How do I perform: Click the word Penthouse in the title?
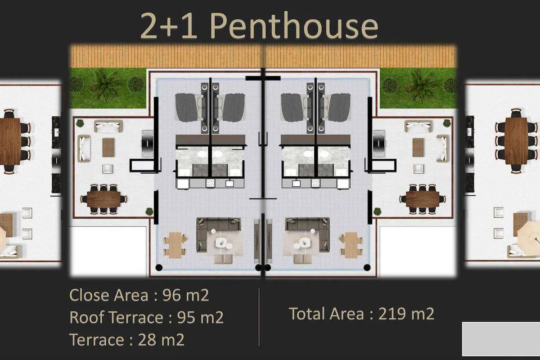(x=294, y=25)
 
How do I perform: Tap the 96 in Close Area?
(x=172, y=295)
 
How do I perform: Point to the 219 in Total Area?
(x=392, y=314)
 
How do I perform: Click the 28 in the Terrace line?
(x=147, y=339)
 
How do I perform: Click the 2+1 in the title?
(x=168, y=26)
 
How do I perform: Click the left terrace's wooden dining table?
(x=103, y=199)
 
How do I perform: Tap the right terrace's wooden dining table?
(x=423, y=199)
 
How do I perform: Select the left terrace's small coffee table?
(x=108, y=147)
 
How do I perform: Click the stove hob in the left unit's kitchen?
(x=211, y=183)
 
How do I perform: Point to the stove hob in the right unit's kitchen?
(x=315, y=183)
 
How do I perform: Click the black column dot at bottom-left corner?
(x=159, y=267)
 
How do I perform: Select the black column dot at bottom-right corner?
(x=367, y=267)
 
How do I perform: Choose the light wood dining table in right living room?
(x=351, y=245)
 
